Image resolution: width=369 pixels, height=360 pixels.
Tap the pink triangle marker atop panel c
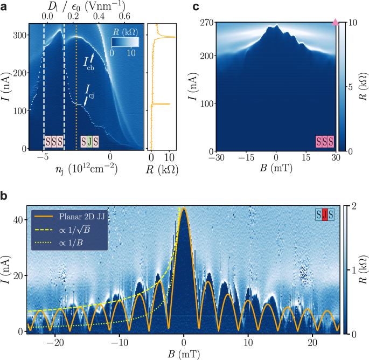336,23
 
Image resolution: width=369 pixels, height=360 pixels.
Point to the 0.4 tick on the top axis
99,17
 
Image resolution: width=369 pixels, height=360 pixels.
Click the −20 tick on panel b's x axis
55,342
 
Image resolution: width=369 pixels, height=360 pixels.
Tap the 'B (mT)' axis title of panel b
183,353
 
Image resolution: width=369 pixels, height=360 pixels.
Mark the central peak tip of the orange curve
184,208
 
